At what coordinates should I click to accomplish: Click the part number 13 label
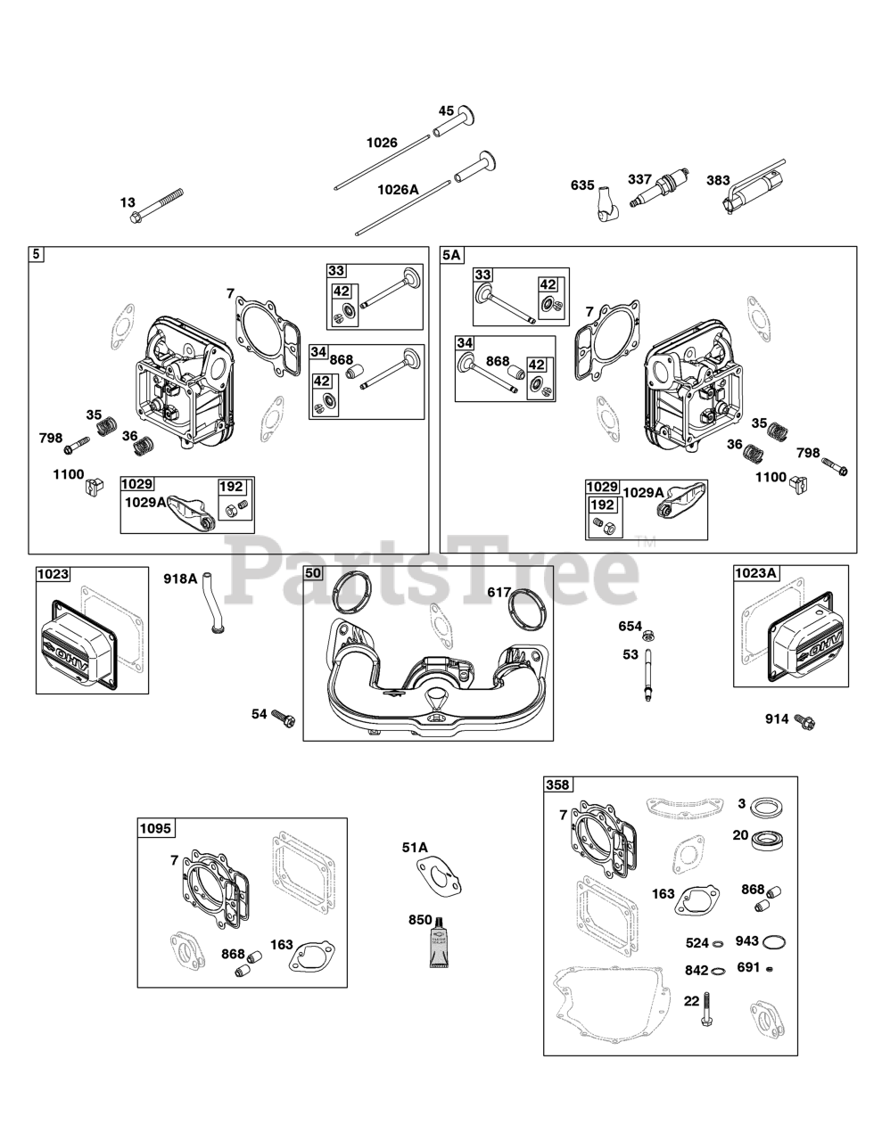128,203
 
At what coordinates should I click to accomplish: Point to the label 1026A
398,189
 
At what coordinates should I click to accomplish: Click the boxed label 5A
452,255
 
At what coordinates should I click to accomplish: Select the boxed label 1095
154,829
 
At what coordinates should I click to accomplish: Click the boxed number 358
558,785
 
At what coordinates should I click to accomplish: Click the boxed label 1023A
757,573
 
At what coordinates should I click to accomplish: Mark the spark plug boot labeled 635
610,201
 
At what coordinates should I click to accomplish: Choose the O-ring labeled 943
775,942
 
